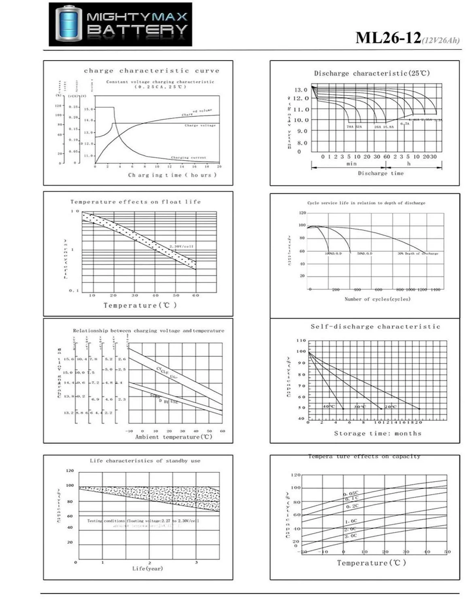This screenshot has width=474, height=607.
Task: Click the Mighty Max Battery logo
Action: point(120,24)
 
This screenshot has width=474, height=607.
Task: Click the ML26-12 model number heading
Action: point(389,38)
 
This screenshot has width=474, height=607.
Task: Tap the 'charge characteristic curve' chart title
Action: point(151,71)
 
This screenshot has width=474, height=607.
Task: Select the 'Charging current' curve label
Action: point(188,157)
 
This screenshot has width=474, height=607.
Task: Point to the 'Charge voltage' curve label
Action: point(200,125)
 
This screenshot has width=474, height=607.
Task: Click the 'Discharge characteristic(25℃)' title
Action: point(372,73)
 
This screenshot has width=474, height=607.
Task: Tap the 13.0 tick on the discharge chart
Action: point(300,90)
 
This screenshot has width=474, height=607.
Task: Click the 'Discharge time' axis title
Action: point(380,173)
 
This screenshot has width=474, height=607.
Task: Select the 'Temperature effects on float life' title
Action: point(135,202)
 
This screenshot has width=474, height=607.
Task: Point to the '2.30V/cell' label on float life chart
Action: point(181,246)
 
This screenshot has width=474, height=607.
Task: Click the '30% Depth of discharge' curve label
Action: point(417,253)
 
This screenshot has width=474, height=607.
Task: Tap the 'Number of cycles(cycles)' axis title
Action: point(377,299)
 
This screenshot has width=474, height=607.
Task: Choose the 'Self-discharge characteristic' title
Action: point(375,327)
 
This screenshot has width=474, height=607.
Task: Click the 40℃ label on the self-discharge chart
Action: point(329,406)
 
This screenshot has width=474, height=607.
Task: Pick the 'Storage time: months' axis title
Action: point(377,433)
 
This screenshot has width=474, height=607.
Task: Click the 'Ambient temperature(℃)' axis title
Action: point(174,437)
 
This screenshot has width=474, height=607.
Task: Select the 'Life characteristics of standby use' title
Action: point(145,461)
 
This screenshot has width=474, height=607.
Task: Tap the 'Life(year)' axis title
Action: point(147,569)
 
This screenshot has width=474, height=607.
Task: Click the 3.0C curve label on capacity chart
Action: point(351,536)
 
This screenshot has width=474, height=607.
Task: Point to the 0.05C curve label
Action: point(351,494)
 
